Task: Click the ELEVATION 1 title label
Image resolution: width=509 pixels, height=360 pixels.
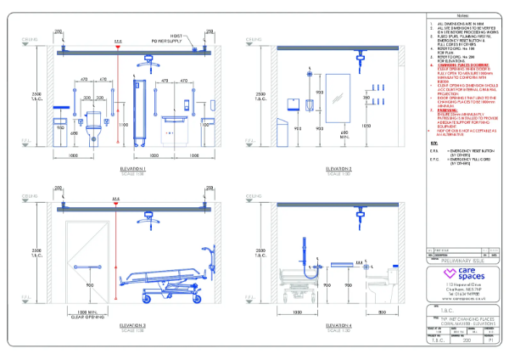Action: [133, 169]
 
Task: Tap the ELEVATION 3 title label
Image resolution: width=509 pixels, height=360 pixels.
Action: [133, 324]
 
